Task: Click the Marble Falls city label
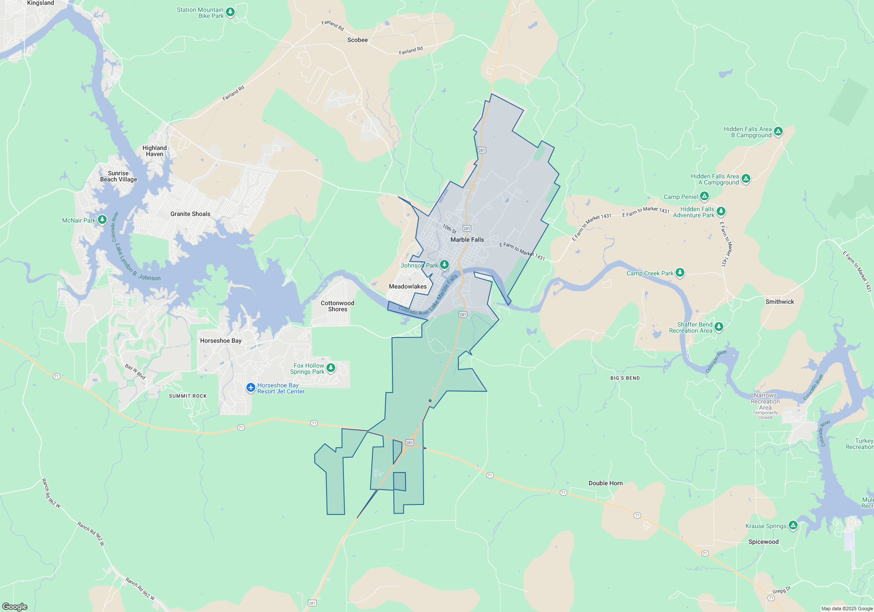point(467,240)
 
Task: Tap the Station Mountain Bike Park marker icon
point(230,12)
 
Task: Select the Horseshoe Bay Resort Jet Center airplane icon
point(251,387)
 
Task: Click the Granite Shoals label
point(190,214)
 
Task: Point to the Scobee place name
point(357,40)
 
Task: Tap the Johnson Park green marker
point(444,264)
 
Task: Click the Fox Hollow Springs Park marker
point(331,368)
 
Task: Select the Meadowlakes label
point(408,286)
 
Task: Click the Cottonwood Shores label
point(337,306)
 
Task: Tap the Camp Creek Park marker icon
point(680,272)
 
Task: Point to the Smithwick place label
point(780,302)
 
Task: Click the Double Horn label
point(605,483)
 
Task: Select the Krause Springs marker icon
point(793,525)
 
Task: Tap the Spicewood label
point(763,542)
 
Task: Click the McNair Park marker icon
point(102,219)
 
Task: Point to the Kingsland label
point(41,3)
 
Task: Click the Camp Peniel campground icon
point(704,196)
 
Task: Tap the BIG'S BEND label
point(625,378)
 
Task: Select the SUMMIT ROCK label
point(188,396)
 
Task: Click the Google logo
point(15,606)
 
